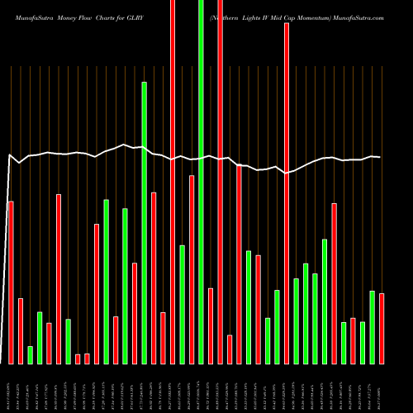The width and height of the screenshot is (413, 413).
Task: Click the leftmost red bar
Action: pyautogui.click(x=11, y=282)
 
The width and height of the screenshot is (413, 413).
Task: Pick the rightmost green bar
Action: pyautogui.click(x=372, y=327)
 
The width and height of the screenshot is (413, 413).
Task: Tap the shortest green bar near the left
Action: pyautogui.click(x=30, y=355)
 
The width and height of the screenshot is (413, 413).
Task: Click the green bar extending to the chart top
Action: pyautogui.click(x=201, y=182)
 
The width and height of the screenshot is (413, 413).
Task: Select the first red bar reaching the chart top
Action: pyautogui.click(x=173, y=182)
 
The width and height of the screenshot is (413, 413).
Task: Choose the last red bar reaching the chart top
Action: pyautogui.click(x=220, y=182)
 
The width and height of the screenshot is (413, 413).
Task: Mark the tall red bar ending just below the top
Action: pyautogui.click(x=287, y=193)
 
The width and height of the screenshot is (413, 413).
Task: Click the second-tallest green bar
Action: pyautogui.click(x=144, y=223)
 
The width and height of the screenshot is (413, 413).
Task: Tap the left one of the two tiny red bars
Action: pyautogui.click(x=78, y=358)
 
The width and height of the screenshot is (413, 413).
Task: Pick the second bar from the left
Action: pyautogui.click(x=21, y=330)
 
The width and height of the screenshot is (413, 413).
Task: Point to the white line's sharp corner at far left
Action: pyautogui.click(x=10, y=154)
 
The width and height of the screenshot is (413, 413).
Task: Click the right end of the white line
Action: pyautogui.click(x=380, y=157)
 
